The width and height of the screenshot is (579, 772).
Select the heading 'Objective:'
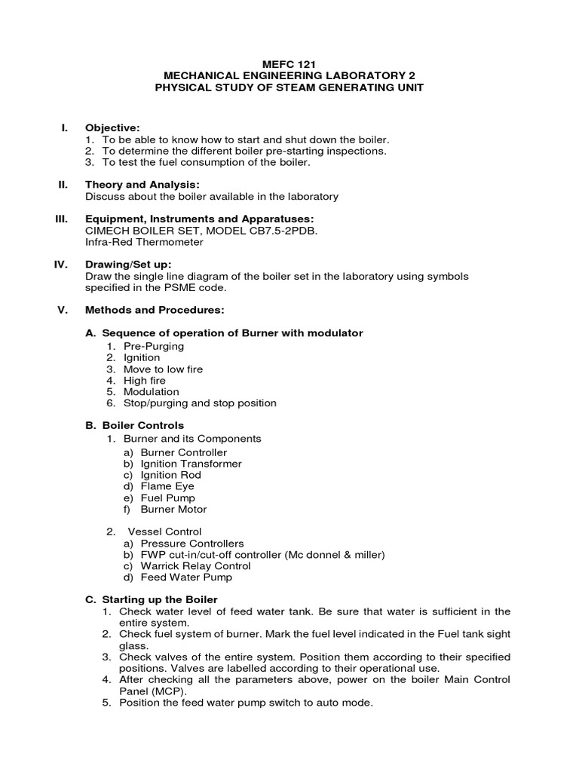click(112, 128)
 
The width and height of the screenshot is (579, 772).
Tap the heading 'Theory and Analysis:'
click(142, 185)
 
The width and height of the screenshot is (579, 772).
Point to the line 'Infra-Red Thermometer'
click(144, 242)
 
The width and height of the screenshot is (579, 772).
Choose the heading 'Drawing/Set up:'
click(128, 265)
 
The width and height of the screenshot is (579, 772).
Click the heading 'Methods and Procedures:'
click(154, 310)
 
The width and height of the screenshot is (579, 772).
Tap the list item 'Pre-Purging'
click(154, 346)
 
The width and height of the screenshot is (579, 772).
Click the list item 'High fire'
click(145, 381)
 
